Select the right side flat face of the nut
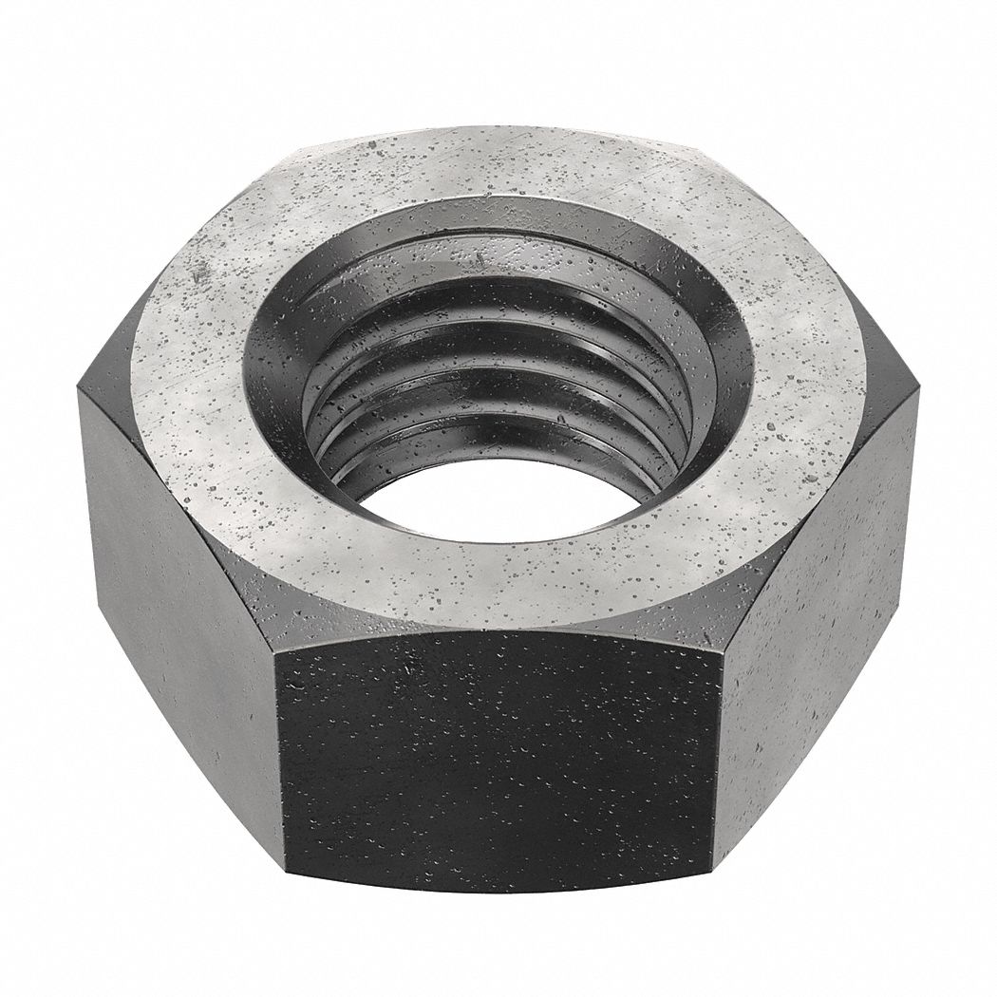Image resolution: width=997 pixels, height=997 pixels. pyautogui.click(x=817, y=608)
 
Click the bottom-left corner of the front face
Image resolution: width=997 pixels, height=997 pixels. pyautogui.click(x=285, y=883)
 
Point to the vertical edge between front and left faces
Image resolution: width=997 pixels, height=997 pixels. pyautogui.click(x=282, y=769)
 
